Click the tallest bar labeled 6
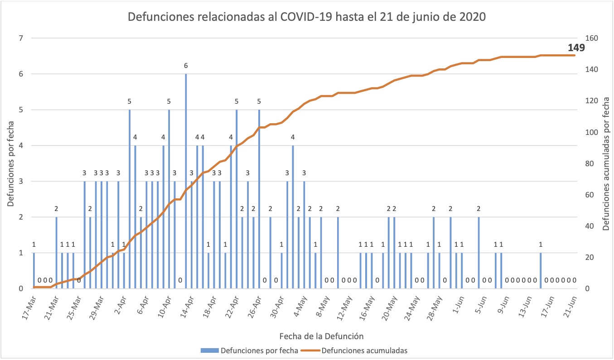186,181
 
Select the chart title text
307,17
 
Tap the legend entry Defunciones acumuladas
366,350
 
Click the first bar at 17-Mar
34,271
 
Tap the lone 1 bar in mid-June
541,271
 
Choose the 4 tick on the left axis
20,145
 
